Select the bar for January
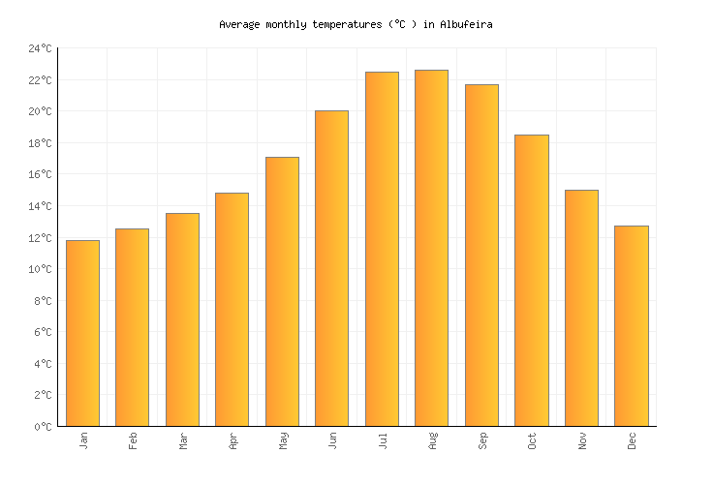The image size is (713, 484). [82, 333]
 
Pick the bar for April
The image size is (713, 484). [232, 309]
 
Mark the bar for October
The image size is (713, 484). [531, 280]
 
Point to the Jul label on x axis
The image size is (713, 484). [383, 440]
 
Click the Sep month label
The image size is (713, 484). [482, 440]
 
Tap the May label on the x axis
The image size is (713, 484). [283, 440]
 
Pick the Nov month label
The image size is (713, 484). [582, 440]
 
